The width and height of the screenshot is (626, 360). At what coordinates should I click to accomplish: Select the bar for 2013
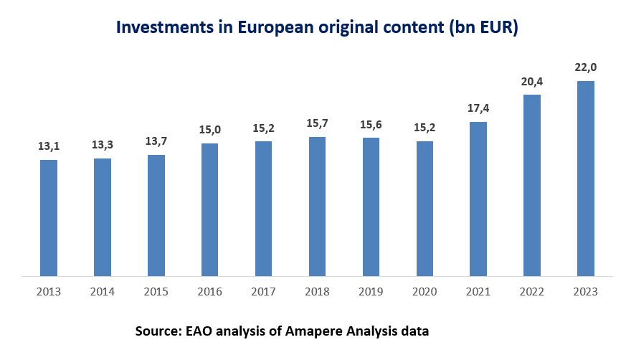48,217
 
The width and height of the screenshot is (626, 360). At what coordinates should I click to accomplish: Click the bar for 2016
209,209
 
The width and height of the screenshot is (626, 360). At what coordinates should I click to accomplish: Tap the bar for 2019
371,207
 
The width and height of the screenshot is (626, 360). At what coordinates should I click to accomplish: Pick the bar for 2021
478,199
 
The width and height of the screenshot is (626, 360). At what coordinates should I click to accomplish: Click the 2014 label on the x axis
102,292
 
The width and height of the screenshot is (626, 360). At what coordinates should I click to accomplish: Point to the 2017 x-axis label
263,292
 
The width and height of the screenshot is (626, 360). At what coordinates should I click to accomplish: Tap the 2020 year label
425,292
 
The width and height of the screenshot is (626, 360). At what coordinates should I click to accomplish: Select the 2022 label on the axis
532,292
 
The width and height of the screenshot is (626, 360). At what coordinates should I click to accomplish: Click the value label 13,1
48,146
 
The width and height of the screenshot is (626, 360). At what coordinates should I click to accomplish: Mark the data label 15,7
317,123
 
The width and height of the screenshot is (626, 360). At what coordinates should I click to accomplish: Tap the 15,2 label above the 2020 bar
425,128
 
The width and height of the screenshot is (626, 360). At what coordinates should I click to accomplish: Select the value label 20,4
532,81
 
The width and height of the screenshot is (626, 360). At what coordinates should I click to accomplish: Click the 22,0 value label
586,67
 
